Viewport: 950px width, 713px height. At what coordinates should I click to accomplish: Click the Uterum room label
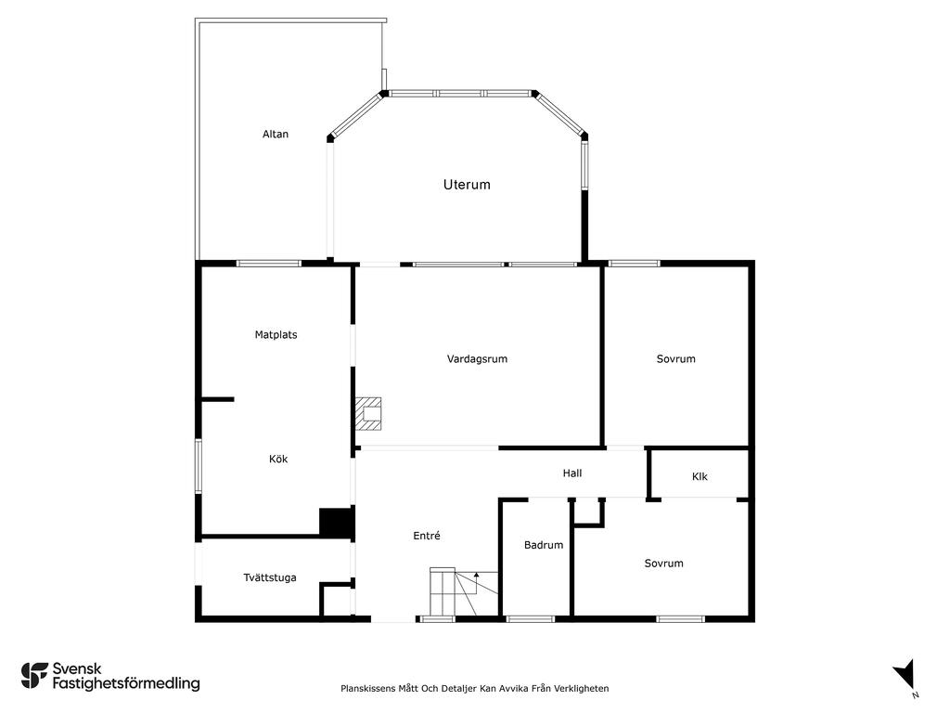(467, 185)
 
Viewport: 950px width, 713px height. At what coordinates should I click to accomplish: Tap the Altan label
(275, 134)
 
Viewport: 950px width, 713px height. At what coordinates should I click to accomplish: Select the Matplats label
(276, 334)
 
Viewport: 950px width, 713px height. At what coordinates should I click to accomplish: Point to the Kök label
(278, 459)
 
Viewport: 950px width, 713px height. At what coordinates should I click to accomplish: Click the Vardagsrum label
(477, 359)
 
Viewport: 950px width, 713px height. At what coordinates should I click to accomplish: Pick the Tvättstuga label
(270, 577)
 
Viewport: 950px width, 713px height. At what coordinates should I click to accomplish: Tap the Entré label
(427, 536)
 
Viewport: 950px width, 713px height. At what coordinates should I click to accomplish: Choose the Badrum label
(544, 545)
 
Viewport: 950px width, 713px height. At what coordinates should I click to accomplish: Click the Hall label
(571, 473)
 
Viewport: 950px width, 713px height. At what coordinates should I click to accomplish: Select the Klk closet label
(700, 476)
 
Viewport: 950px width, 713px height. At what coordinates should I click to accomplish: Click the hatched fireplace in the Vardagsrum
(368, 413)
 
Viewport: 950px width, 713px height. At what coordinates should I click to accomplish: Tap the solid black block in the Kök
(336, 522)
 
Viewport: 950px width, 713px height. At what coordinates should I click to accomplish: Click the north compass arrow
(905, 675)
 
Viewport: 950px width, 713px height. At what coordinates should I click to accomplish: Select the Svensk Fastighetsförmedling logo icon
(34, 676)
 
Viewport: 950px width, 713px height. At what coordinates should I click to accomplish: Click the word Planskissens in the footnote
(367, 688)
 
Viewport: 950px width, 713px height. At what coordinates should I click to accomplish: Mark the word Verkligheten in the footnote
(583, 688)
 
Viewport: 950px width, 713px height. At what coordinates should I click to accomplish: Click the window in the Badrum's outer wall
(530, 619)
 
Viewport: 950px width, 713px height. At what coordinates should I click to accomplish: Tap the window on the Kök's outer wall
(199, 466)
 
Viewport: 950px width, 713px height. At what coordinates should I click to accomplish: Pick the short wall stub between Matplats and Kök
(217, 399)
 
